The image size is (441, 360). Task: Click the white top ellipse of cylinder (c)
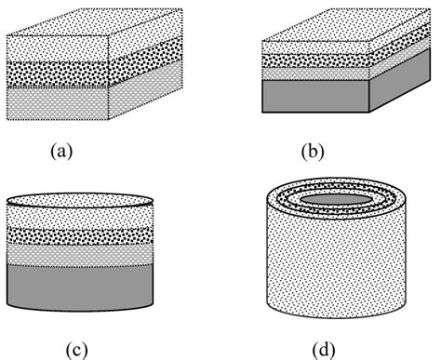[x=79, y=199]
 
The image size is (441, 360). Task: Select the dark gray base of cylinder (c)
[x=79, y=284]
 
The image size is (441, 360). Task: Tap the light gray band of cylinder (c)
[x=79, y=254]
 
